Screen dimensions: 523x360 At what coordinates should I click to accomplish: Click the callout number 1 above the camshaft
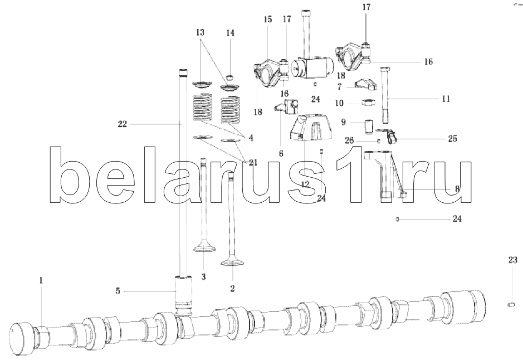tap(41, 281)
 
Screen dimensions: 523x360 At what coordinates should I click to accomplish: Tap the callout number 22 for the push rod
tap(123, 124)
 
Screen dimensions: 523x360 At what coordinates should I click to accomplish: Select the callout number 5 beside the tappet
tap(118, 291)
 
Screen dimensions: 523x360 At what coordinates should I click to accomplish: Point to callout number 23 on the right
tap(512, 260)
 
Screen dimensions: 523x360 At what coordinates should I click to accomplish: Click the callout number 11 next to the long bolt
tap(446, 99)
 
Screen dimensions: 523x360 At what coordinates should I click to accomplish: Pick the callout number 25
tap(452, 138)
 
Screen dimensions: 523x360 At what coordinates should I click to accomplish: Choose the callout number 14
tap(230, 33)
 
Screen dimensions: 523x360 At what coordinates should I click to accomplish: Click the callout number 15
tap(268, 20)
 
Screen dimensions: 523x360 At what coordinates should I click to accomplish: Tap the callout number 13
tap(200, 32)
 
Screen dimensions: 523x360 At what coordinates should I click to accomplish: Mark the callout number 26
tap(349, 140)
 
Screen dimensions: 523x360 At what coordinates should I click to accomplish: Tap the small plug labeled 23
tap(511, 304)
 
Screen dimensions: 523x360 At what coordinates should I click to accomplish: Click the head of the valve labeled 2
tap(232, 262)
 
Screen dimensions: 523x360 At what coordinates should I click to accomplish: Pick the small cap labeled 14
tap(230, 79)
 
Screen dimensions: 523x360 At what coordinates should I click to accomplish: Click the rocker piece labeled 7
tap(365, 84)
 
